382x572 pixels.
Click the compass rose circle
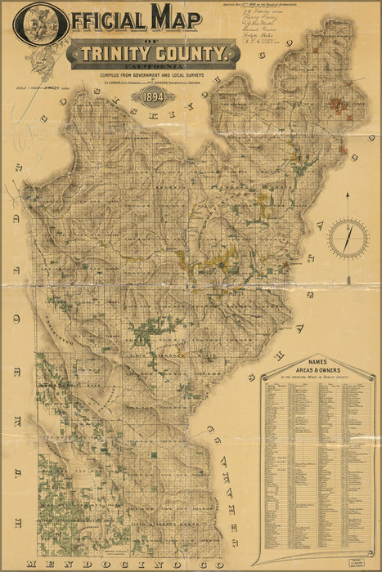tap(348, 238)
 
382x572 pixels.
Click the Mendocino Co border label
tap(123, 564)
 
